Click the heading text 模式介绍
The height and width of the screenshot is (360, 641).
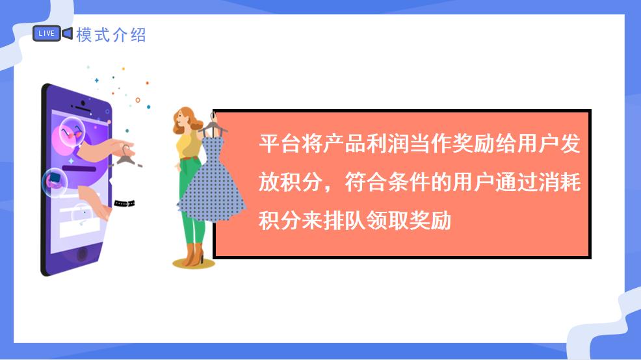[x=111, y=34]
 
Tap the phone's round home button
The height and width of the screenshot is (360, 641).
[x=83, y=254]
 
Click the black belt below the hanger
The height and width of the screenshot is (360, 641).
[x=124, y=203]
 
